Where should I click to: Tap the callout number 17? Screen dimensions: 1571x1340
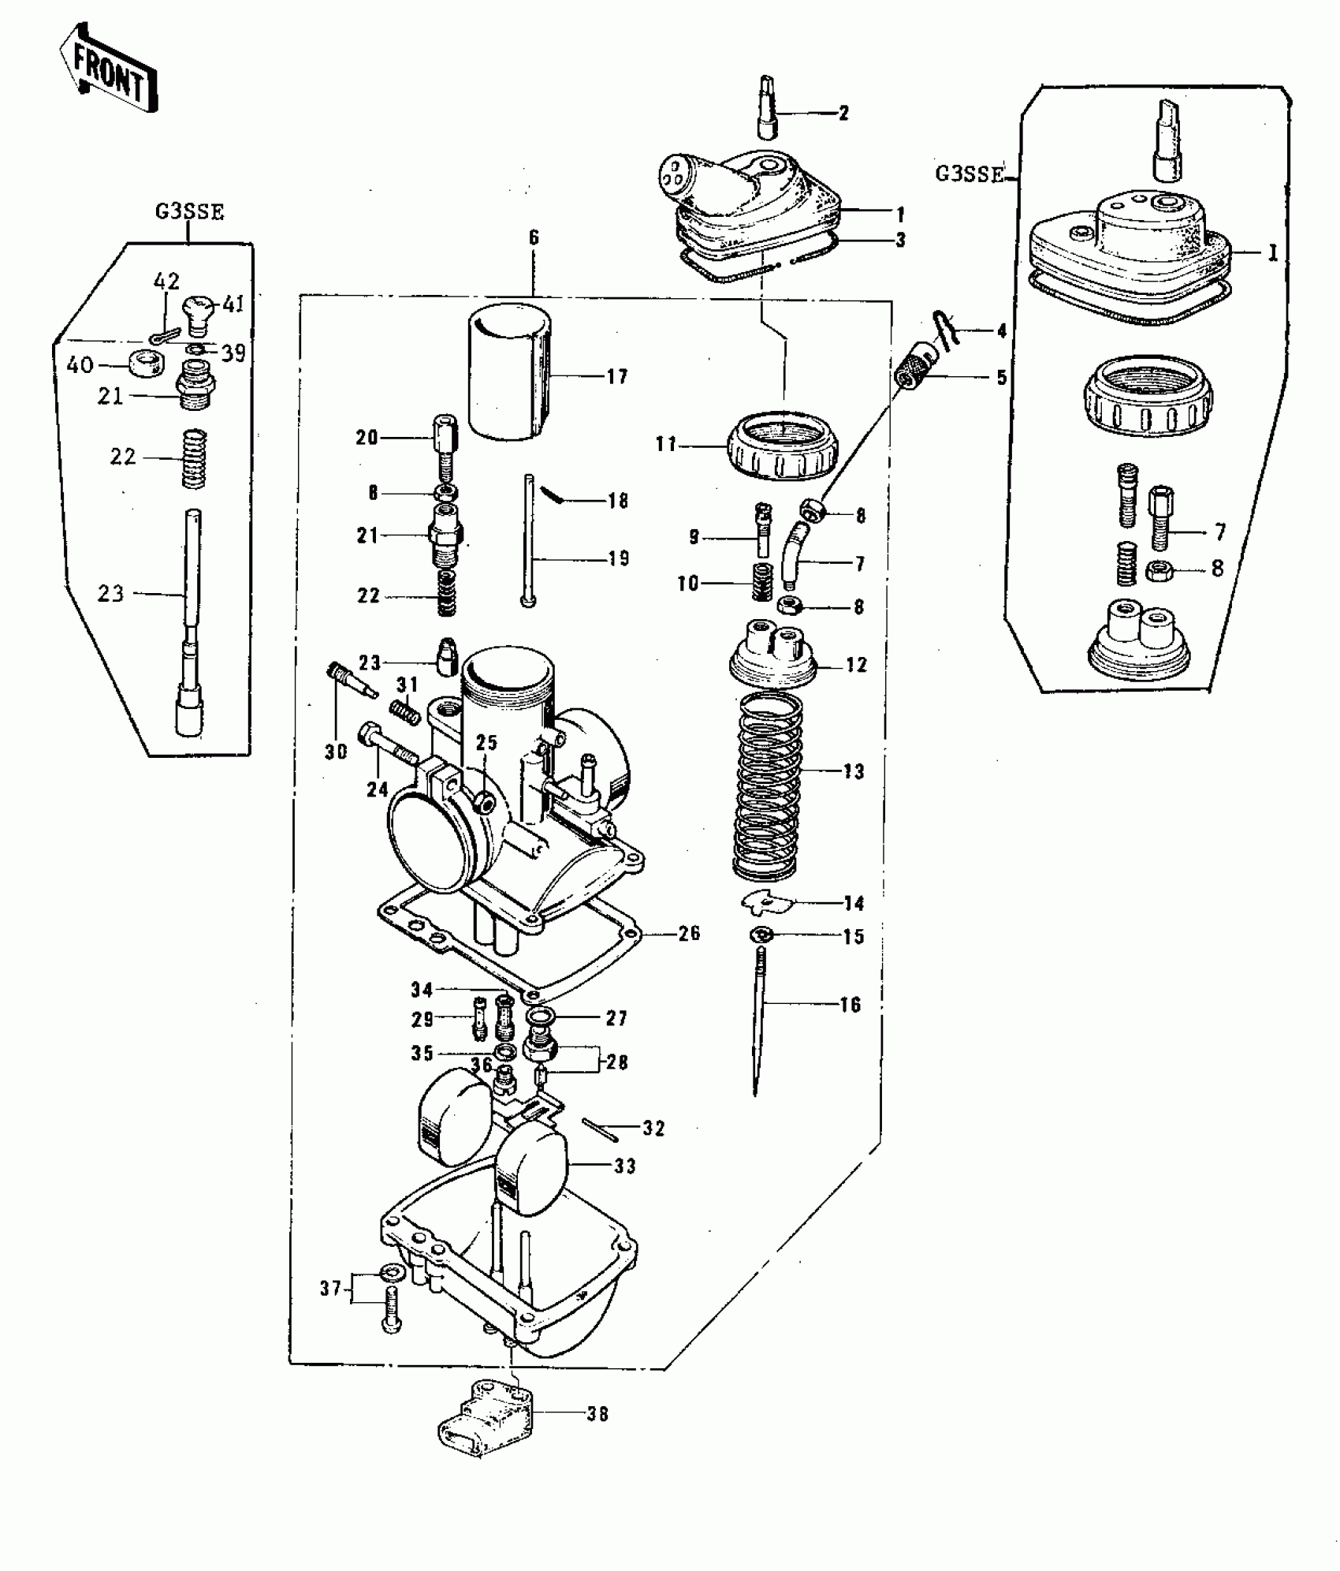[617, 377]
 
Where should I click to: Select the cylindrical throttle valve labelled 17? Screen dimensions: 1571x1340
[509, 371]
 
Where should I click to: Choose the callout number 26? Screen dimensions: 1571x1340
[688, 933]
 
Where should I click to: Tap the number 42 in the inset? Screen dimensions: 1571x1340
[166, 281]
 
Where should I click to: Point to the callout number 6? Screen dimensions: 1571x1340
[534, 237]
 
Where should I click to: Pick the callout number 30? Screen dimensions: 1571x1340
[336, 752]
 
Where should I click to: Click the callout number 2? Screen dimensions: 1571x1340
[843, 114]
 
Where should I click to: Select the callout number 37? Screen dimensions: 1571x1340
[329, 1289]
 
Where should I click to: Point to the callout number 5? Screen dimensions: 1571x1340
[1001, 378]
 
